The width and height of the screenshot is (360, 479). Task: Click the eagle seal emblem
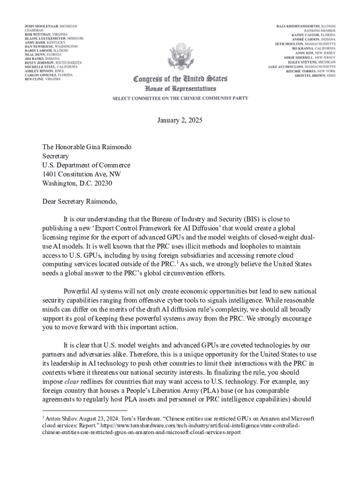[x=180, y=57]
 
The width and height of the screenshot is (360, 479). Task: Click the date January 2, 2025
[x=180, y=120]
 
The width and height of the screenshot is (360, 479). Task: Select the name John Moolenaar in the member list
[x=42, y=26]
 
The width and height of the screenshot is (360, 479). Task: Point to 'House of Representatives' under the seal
[x=180, y=88]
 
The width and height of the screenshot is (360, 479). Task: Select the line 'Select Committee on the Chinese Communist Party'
[x=180, y=98]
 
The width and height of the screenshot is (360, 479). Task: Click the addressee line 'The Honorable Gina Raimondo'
[x=86, y=147]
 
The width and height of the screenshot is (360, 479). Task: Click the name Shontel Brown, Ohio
[x=315, y=75]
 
